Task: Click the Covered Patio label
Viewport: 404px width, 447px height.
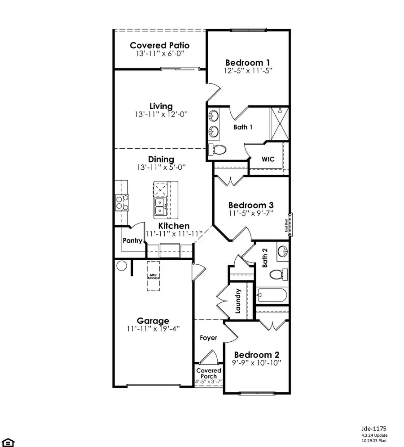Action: click(159, 45)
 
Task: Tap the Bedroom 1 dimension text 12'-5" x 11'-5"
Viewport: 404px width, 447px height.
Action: click(249, 70)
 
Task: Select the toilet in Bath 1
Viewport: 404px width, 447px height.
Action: click(219, 150)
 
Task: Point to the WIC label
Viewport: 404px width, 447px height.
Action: click(268, 159)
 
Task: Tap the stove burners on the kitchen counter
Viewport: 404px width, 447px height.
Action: click(122, 202)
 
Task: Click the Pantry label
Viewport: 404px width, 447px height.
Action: click(133, 241)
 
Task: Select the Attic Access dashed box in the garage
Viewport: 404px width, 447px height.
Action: click(154, 276)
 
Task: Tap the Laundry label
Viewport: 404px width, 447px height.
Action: click(238, 301)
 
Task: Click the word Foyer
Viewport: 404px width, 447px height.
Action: click(209, 338)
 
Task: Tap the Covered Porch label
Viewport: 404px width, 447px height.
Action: click(209, 374)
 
